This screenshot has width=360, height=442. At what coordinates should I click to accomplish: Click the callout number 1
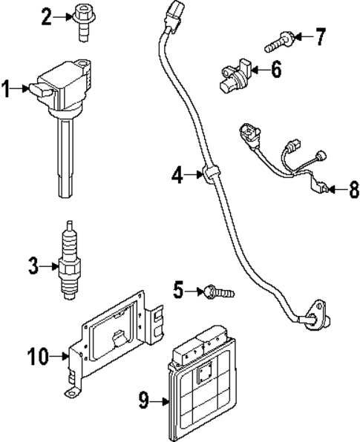click(x=7, y=90)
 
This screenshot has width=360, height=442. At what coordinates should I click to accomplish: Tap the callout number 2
click(x=46, y=16)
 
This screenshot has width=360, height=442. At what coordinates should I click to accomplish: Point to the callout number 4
click(x=177, y=176)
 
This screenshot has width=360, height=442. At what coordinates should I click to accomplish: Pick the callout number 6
click(x=275, y=71)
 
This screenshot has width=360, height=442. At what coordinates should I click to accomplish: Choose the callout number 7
click(x=320, y=35)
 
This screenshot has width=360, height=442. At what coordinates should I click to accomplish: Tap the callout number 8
click(x=350, y=190)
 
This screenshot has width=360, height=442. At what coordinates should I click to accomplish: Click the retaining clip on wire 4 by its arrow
click(x=212, y=174)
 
